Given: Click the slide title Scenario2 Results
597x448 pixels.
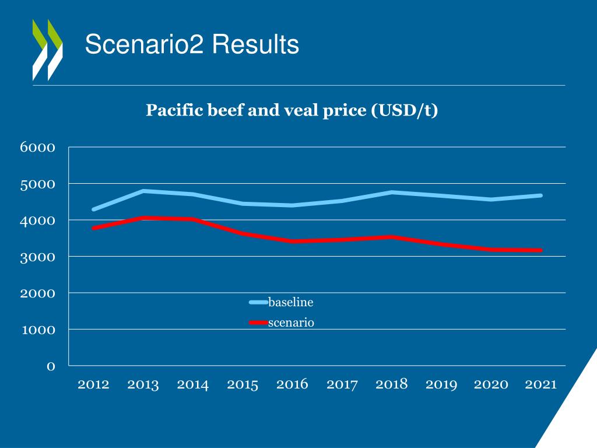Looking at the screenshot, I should (192, 44).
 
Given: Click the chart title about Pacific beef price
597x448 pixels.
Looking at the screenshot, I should (292, 110).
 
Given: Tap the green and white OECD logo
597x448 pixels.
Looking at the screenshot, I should (47, 50).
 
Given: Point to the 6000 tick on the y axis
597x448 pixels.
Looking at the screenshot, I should (38, 148).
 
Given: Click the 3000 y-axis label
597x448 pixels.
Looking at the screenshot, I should (38, 257).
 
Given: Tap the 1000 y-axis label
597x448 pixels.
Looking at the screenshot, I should (38, 330).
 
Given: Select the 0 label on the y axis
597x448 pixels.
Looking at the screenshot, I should (51, 366).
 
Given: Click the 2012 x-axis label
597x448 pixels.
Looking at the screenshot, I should (93, 384).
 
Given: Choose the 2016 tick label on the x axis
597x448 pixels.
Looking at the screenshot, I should (292, 384).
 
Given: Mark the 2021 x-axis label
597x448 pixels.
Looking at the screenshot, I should (541, 384).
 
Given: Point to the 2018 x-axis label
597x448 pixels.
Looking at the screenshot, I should (392, 384).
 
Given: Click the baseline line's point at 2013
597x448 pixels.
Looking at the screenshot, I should (143, 191).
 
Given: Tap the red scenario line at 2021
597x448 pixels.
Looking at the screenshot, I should (541, 250).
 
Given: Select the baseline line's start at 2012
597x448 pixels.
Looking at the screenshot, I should (93, 209).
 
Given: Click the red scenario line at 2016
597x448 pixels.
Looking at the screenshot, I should (292, 241).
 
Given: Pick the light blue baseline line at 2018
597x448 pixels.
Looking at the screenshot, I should (392, 192).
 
